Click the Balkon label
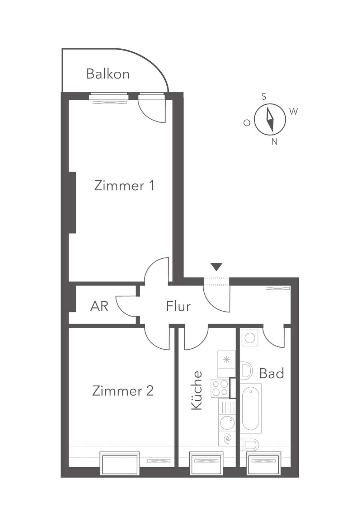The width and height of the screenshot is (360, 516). tap(108, 74)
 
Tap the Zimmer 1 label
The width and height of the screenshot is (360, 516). tap(124, 186)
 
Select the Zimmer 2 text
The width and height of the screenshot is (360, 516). tap(123, 391)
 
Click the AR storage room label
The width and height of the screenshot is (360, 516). tap(99, 306)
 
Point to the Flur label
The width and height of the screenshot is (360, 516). tap(178, 306)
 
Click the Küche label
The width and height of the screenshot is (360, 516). tap(196, 390)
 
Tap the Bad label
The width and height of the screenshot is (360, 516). tap(271, 373)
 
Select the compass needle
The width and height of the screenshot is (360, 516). tap(270, 119)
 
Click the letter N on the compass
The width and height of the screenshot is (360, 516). tap(274, 142)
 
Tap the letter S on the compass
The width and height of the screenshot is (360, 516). tap(264, 96)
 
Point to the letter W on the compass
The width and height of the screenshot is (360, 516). tap(293, 111)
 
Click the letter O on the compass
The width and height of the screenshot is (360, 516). tap(247, 123)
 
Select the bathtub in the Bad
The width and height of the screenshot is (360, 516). tap(251, 408)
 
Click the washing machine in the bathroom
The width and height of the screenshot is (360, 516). tap(250, 338)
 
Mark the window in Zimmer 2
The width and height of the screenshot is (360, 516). tap(120, 464)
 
